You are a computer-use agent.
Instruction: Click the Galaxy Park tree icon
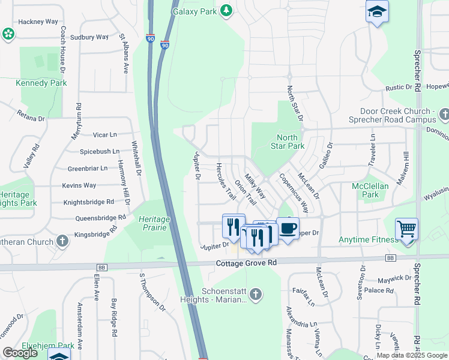[226, 10]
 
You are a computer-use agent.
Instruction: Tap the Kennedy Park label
[33, 83]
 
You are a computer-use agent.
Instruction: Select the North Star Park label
[291, 142]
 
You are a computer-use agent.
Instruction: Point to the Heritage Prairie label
[151, 223]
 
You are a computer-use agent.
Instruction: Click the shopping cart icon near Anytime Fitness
[406, 229]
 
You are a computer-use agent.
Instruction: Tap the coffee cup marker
[288, 228]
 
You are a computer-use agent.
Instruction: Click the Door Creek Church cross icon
[444, 113]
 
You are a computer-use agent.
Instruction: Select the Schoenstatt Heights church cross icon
[256, 294]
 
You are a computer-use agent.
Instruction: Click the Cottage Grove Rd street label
[247, 263]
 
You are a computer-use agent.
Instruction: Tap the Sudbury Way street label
[89, 37]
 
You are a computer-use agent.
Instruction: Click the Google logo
[20, 353]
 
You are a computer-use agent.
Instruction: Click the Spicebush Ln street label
[98, 152]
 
